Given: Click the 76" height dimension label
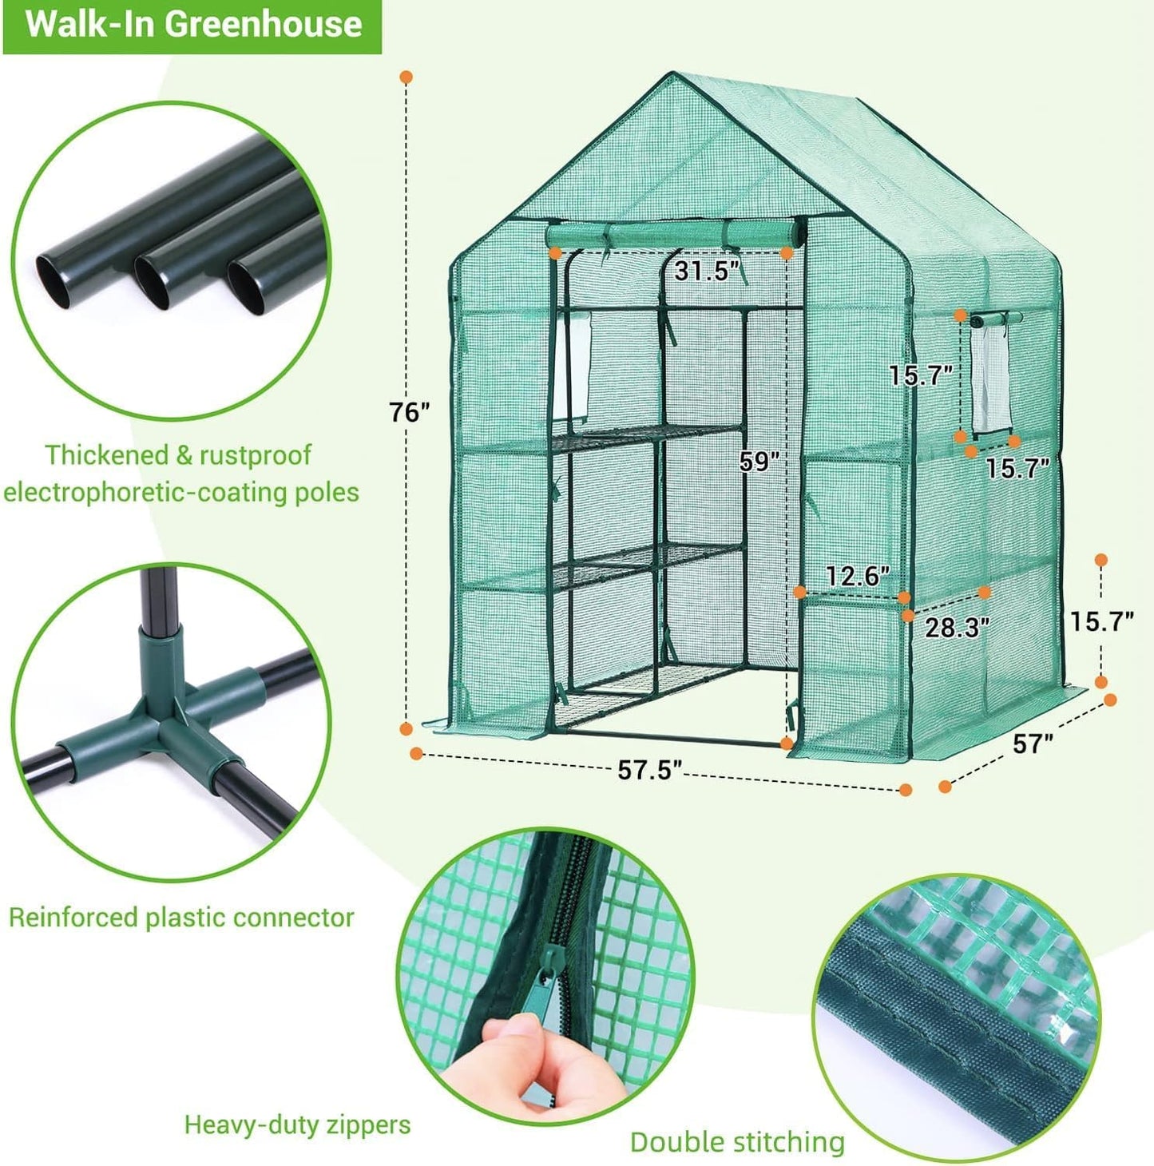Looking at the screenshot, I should (410, 412).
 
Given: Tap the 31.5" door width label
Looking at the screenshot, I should (702, 272).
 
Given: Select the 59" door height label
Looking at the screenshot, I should (757, 462).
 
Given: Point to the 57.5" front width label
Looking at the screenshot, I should (649, 771).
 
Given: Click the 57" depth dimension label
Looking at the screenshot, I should (1033, 744).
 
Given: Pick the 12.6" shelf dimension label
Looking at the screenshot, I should (857, 575).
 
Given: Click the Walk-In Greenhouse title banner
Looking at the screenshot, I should (192, 25).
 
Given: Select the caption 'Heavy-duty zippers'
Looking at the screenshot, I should (297, 1125).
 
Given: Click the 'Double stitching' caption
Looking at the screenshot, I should (736, 1142).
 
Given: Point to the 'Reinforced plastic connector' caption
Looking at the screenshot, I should (181, 918).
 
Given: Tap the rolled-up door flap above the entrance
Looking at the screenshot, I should (675, 236).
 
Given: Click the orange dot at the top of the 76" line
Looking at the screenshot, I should (406, 77).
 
